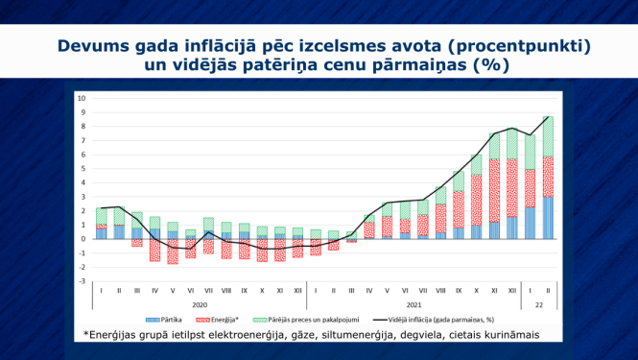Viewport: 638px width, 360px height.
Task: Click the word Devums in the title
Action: pos(95,46)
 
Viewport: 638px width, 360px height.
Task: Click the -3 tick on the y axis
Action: pos(83,281)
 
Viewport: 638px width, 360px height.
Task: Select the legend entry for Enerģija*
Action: pos(226,319)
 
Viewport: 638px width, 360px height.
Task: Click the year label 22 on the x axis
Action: pos(538,303)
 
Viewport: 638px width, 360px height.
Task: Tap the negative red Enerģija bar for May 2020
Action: pos(173,251)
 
